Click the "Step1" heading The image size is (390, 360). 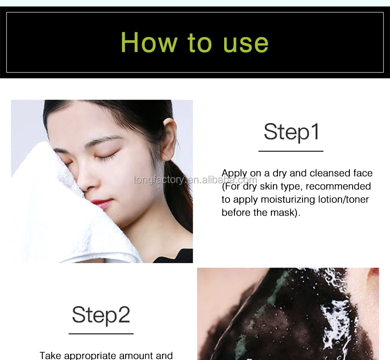291,132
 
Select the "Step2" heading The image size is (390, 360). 101,315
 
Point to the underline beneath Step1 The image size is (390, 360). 291,151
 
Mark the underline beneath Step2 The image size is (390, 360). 101,334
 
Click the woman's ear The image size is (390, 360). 169,139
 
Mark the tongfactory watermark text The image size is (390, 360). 195,180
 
